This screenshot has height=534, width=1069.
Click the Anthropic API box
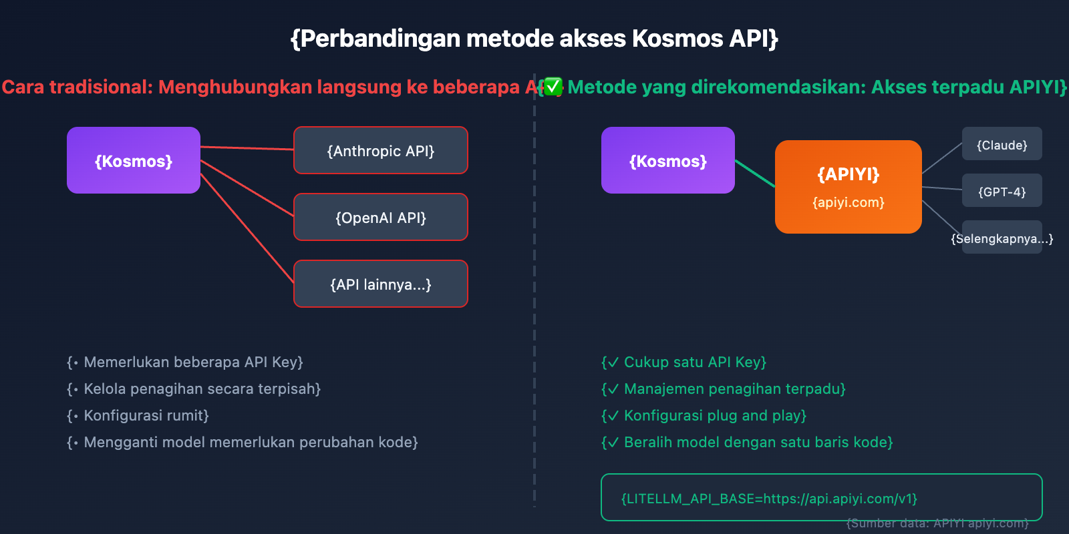pyautogui.click(x=381, y=151)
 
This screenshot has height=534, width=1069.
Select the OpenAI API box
pyautogui.click(x=381, y=218)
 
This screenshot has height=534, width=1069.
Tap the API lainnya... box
pyautogui.click(x=381, y=284)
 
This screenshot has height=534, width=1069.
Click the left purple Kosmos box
pyautogui.click(x=134, y=161)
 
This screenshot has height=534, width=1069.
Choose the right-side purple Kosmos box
pyautogui.click(x=668, y=161)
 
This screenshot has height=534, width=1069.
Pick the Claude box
pyautogui.click(x=1002, y=145)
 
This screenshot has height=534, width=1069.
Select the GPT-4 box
pyautogui.click(x=1002, y=192)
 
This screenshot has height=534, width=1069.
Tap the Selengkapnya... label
pyautogui.click(x=1002, y=238)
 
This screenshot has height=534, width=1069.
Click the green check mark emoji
pyautogui.click(x=553, y=87)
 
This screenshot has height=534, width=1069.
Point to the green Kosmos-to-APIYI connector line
pyautogui.click(x=755, y=174)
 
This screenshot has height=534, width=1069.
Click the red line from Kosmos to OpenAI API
pyautogui.click(x=247, y=188)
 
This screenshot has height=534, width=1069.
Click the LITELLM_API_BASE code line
pyautogui.click(x=769, y=499)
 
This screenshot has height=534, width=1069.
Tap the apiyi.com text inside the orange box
pyautogui.click(x=849, y=202)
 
